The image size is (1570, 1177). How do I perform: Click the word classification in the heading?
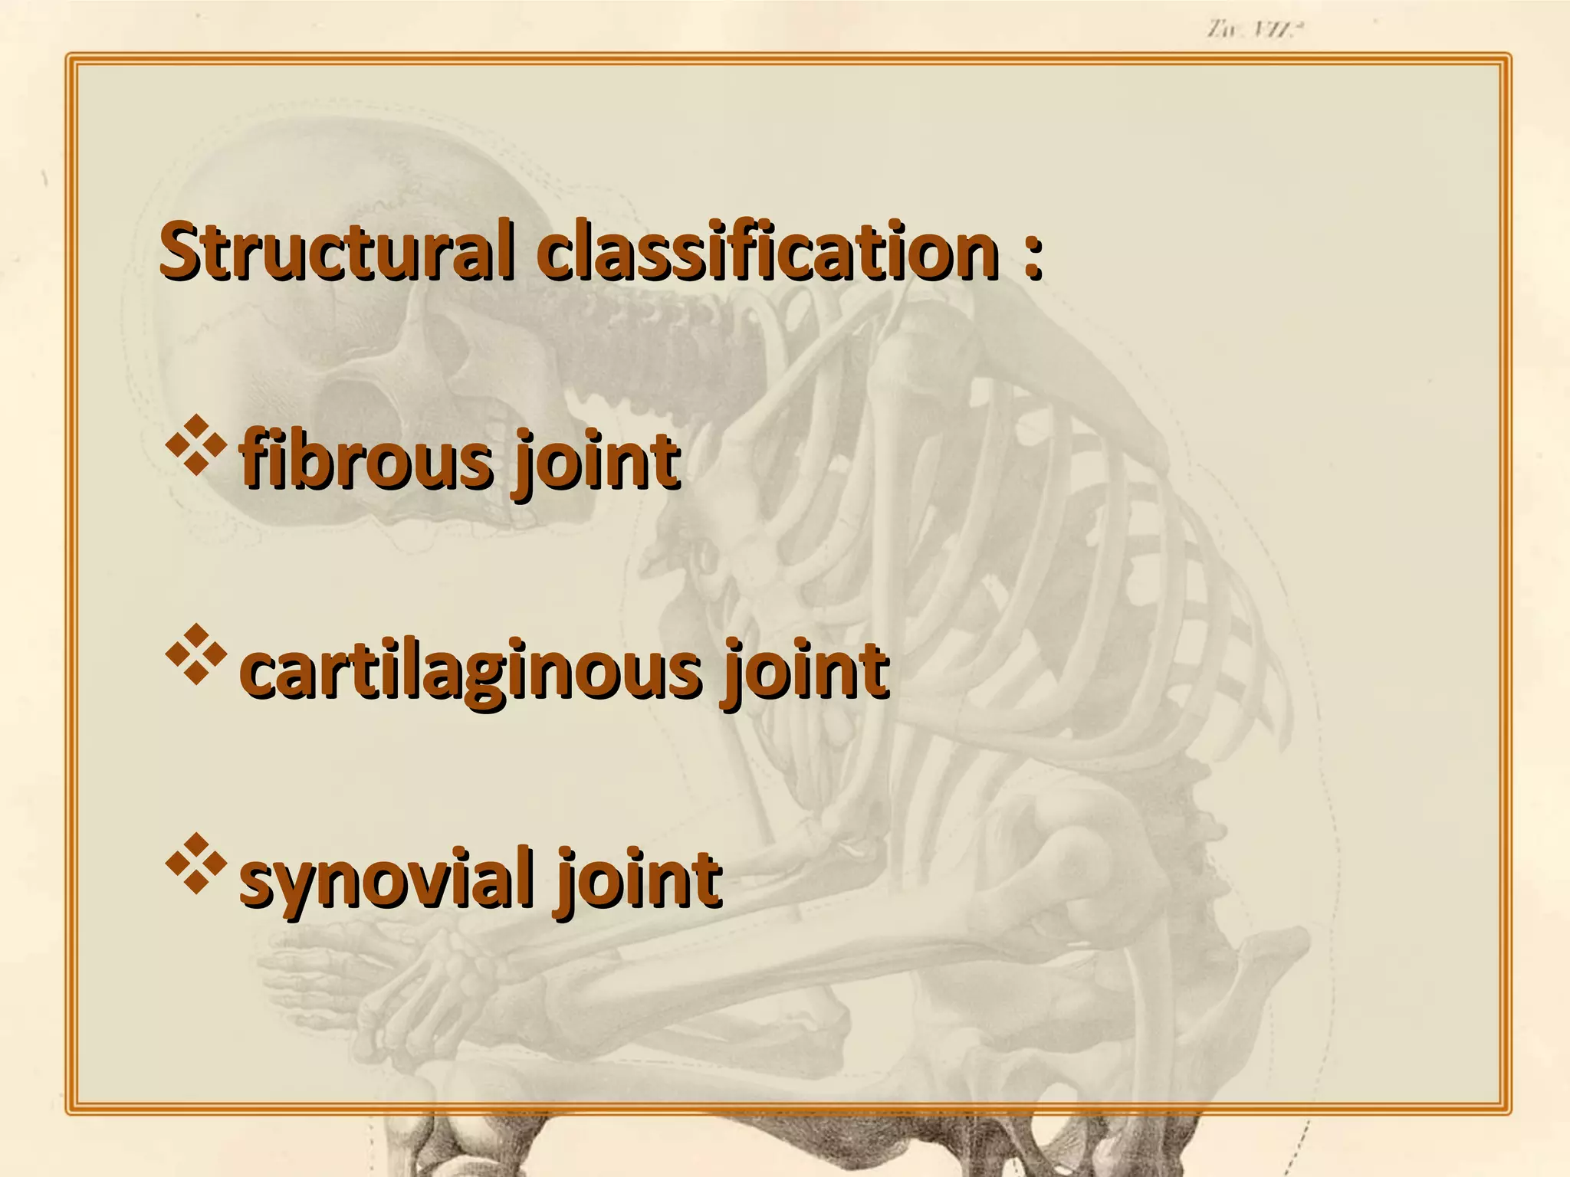click(x=767, y=250)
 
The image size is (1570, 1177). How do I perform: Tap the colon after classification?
click(x=1033, y=253)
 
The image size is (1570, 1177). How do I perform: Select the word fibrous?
click(x=365, y=460)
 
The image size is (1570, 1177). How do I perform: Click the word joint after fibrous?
click(x=597, y=463)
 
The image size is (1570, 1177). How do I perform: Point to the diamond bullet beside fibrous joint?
click(x=196, y=444)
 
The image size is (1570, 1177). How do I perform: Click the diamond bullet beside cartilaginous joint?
click(x=196, y=654)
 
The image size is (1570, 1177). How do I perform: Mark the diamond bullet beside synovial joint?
click(x=196, y=863)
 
